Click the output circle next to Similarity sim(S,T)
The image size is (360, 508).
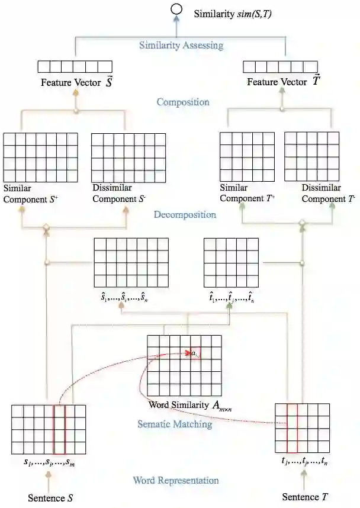[x=175, y=10]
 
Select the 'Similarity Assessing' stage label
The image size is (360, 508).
[x=181, y=45]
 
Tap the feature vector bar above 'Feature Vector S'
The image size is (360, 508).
[x=75, y=67]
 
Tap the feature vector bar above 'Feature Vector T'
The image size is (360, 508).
[x=280, y=67]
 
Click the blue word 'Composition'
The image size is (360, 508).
[x=182, y=102]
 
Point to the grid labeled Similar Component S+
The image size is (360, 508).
[x=40, y=157]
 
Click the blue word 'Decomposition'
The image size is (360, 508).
[x=185, y=214]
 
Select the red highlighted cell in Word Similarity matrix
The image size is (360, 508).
[x=195, y=353]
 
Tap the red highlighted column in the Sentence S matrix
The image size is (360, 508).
[x=59, y=429]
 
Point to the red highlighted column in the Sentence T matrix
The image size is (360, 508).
[x=291, y=427]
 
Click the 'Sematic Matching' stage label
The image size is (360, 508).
[x=175, y=424]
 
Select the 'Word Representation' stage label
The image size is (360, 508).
[x=175, y=480]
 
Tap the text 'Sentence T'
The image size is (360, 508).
[x=304, y=496]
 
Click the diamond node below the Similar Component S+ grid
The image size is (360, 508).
[x=45, y=227]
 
